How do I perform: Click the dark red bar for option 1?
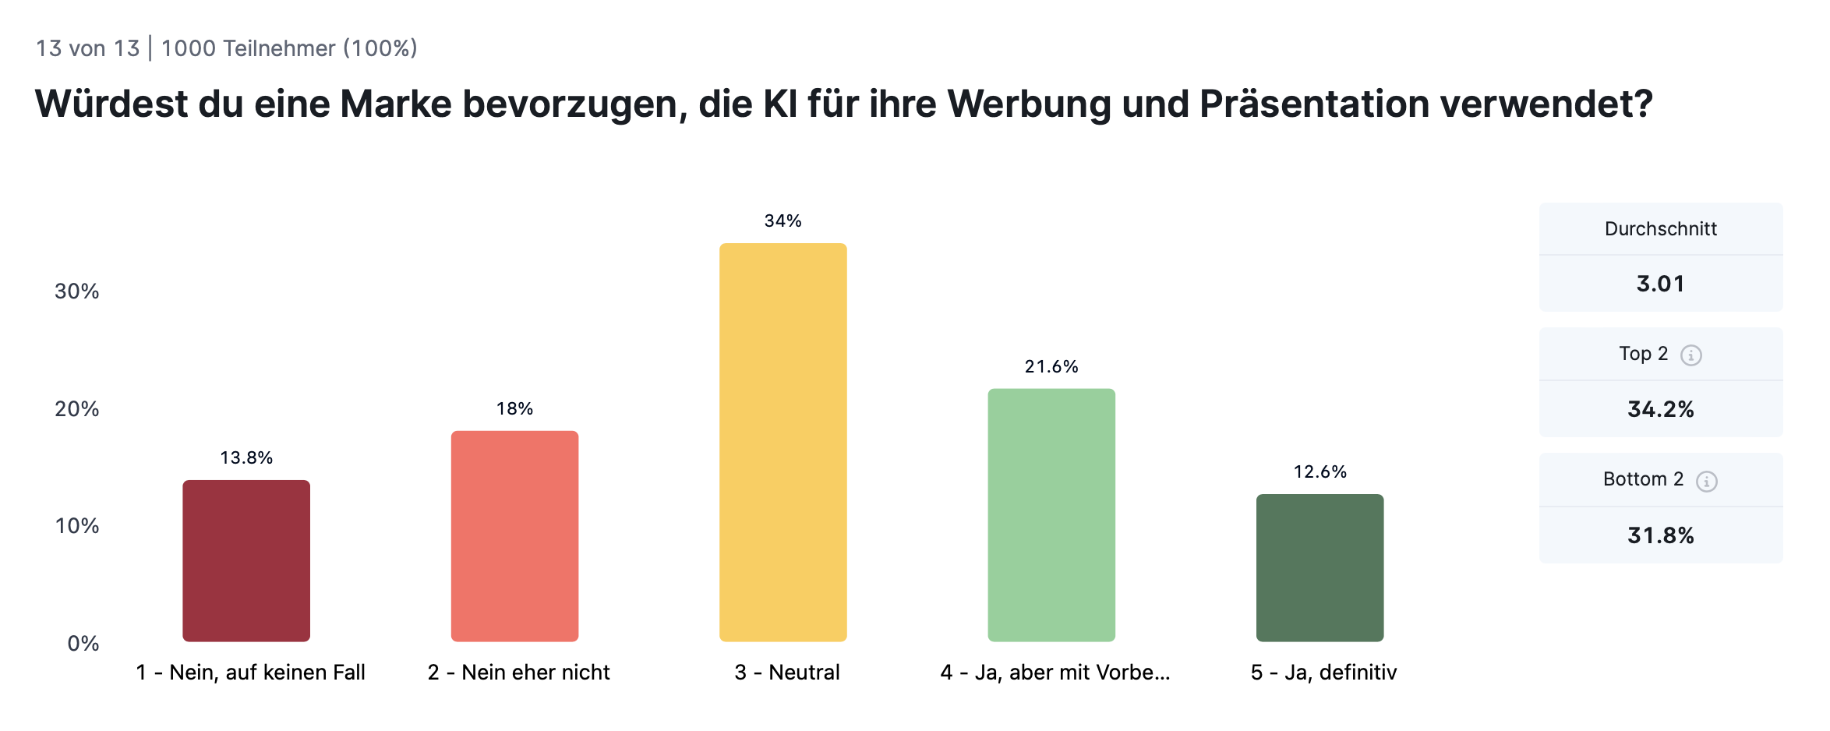(246, 561)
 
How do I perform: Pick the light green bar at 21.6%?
(1051, 515)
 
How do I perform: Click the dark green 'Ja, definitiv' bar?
(1320, 568)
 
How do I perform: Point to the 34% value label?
(783, 221)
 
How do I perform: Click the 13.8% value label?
(246, 458)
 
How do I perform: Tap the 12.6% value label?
(1320, 472)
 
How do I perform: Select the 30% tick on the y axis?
(76, 291)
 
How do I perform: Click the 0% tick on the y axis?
(83, 644)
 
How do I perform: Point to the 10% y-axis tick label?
(76, 526)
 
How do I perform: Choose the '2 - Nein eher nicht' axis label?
(518, 673)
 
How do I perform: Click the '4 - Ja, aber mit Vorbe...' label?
(1055, 673)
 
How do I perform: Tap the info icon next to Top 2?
(1690, 355)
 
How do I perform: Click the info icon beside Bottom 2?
(1706, 482)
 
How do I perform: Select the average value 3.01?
(1660, 284)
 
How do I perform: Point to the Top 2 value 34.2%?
(1660, 410)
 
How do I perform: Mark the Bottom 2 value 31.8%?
(1660, 536)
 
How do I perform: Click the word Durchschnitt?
(1660, 229)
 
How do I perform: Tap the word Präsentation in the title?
(1314, 104)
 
